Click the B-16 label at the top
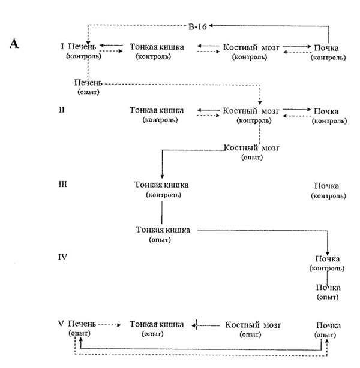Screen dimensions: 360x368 point(197,26)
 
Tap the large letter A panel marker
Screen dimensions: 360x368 point(14,44)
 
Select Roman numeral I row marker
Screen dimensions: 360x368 point(62,46)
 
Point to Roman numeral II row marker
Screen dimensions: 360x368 point(62,110)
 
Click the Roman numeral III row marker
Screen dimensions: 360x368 point(63,184)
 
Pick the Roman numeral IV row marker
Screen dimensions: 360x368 point(63,257)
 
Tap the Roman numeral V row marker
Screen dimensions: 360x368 point(61,324)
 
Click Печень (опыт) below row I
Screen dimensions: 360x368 point(88,86)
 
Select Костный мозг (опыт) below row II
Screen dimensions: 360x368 point(251,152)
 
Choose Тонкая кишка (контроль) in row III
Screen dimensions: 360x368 point(161,189)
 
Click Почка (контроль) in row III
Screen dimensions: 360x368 point(328,191)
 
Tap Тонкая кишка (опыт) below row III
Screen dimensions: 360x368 point(163,234)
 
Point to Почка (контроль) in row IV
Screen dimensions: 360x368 point(327,263)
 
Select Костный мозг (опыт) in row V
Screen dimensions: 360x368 point(253,329)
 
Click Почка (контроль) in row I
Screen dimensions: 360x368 point(328,52)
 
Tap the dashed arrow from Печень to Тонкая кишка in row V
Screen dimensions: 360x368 point(110,325)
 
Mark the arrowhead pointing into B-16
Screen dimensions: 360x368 point(211,26)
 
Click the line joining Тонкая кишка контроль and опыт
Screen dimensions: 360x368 point(161,212)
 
